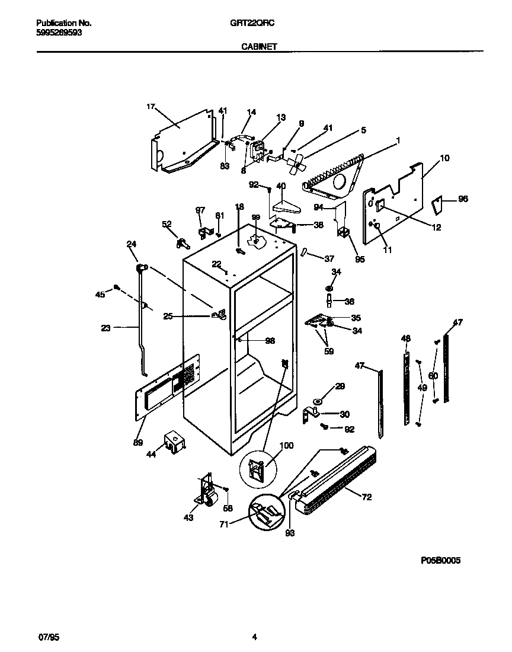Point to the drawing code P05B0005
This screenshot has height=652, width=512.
click(x=440, y=560)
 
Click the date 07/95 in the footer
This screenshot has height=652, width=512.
click(x=49, y=638)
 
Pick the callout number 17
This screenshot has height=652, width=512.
click(x=151, y=107)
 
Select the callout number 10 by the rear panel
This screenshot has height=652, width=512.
click(x=444, y=158)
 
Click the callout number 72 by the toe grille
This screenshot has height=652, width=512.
click(x=366, y=497)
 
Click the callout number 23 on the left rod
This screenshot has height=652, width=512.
click(x=106, y=327)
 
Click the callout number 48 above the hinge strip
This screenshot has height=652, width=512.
click(x=405, y=338)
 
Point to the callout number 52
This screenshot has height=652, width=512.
click(x=167, y=224)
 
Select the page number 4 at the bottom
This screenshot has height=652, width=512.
click(x=254, y=638)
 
